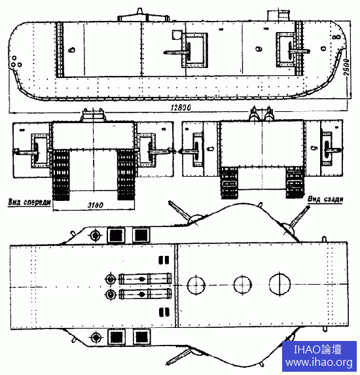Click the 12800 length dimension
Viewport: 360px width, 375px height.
coord(181,107)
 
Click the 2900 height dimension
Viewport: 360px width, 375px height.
coord(347,67)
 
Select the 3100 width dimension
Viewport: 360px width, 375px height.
coord(95,205)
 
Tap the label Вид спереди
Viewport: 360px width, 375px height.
coord(29,202)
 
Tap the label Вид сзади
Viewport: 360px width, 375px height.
coord(325,199)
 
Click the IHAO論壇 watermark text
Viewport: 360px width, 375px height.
coord(317,349)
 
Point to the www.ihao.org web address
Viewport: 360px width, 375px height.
coord(319,363)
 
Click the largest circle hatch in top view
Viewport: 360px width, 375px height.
coord(279,284)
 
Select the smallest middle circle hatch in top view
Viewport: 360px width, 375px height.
coord(242,285)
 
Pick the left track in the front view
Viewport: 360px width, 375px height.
coord(61,175)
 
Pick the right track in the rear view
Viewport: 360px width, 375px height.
coord(295,182)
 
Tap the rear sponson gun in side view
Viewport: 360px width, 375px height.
coord(299,51)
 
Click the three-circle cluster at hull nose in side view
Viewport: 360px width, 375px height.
coord(16,62)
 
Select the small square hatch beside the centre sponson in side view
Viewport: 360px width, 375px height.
coord(177,35)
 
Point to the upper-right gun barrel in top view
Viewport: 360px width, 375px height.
coord(299,216)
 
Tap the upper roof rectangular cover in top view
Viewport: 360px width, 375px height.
coord(145,279)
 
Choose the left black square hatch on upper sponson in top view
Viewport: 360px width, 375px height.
coord(116,235)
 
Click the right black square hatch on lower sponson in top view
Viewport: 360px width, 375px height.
coord(141,337)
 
